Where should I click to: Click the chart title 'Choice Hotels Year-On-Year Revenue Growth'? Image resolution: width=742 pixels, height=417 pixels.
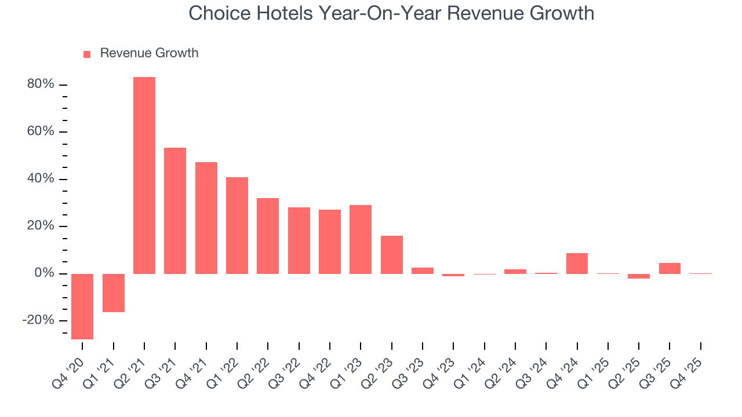[x=391, y=13]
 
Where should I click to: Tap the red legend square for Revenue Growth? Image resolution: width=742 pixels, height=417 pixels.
[x=87, y=54]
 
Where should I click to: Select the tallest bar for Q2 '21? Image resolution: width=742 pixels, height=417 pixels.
[x=144, y=175]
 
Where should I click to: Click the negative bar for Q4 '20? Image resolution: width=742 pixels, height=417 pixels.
[x=82, y=306]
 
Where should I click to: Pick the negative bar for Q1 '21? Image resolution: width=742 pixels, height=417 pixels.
[x=114, y=292]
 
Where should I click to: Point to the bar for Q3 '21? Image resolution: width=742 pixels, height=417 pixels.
[x=175, y=210]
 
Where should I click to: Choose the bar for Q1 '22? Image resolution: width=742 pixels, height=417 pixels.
[x=237, y=225]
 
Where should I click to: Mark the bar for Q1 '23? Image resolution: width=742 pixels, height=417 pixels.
[x=361, y=239]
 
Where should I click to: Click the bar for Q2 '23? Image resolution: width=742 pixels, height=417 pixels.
[x=392, y=254]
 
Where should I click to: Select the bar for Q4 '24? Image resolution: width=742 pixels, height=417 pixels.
[x=577, y=263]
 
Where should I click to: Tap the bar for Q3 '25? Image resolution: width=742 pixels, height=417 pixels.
[x=670, y=268]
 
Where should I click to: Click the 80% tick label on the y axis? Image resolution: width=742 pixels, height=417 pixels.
[x=41, y=85]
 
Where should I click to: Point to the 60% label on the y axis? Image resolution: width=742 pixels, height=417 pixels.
[x=41, y=132]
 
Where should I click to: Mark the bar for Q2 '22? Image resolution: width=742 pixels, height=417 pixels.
[x=268, y=236]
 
